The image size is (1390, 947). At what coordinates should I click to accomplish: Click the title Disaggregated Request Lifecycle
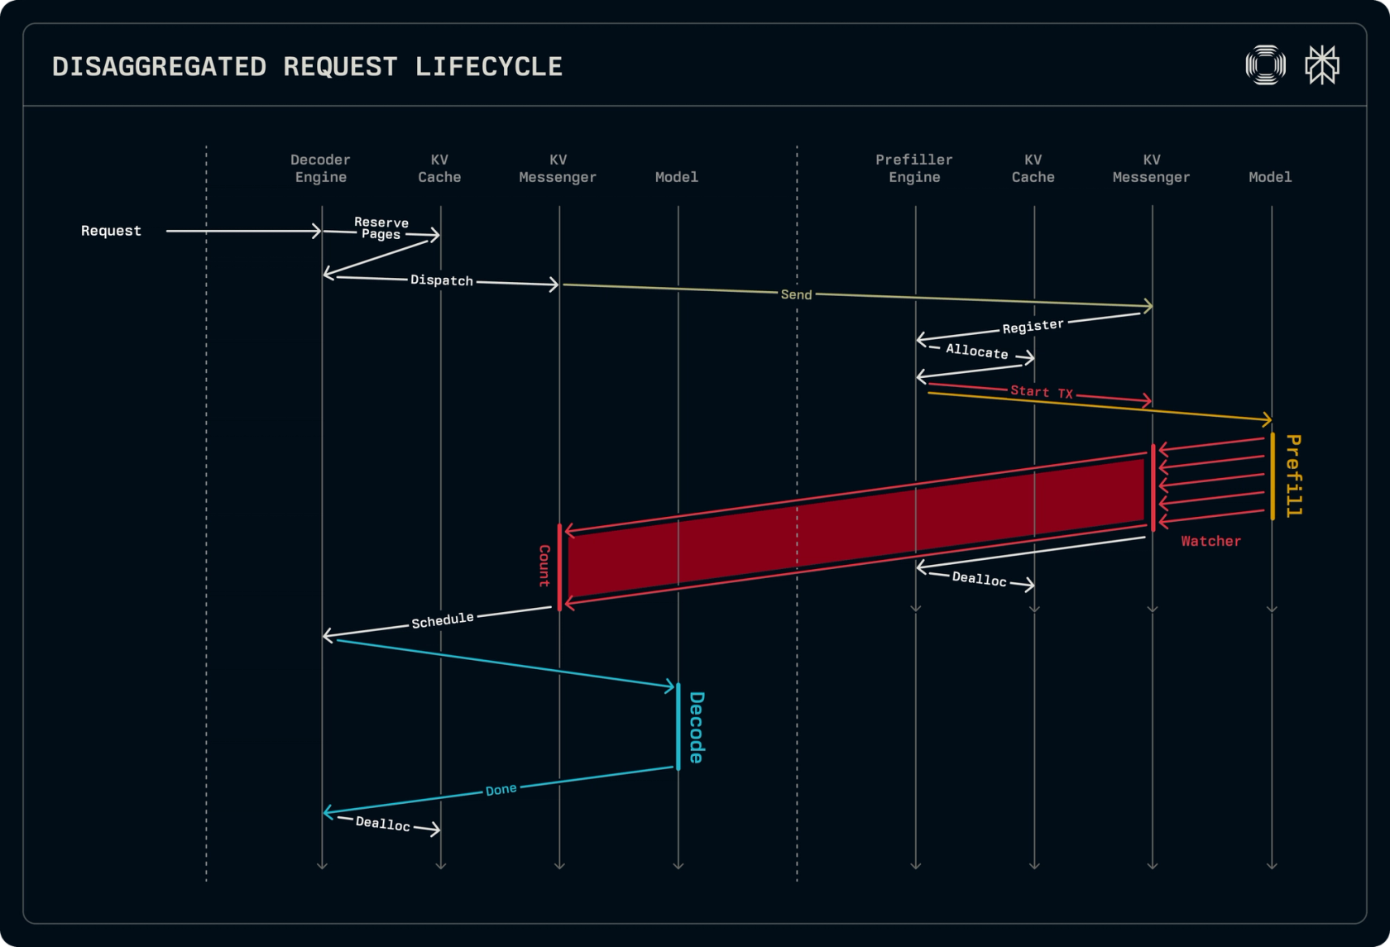click(307, 66)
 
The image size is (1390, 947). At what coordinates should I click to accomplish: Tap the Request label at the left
click(111, 231)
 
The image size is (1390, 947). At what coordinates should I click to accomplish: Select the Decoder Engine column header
click(321, 168)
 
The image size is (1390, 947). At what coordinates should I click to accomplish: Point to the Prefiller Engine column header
click(914, 168)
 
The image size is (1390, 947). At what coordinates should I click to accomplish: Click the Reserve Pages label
click(381, 227)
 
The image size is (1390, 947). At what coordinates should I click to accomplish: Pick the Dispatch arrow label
click(442, 280)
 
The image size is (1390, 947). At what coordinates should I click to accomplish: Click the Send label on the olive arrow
click(796, 294)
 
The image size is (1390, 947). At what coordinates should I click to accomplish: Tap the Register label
click(1033, 326)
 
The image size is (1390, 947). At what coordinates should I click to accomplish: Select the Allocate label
click(976, 352)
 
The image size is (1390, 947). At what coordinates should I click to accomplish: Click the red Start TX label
click(1042, 392)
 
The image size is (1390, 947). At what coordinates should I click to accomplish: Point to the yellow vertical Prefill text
click(1294, 476)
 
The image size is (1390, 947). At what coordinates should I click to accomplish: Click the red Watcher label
click(1210, 541)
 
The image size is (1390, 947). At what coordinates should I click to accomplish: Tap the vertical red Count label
click(544, 566)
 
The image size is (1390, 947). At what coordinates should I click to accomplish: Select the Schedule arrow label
click(443, 620)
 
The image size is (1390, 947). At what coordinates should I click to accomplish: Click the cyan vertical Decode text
click(697, 728)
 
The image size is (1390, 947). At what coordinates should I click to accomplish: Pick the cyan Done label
click(501, 790)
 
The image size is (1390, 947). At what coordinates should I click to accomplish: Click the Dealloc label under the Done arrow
click(383, 824)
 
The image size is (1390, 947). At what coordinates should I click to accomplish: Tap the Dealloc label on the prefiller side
click(980, 579)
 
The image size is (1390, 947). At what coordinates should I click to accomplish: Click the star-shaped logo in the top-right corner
click(1322, 65)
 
